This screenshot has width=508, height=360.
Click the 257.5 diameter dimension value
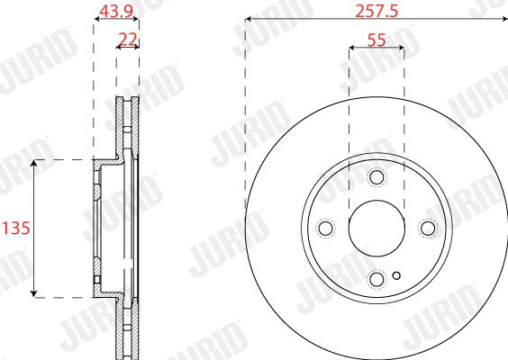tap(376, 12)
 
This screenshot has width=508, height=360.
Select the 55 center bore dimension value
tap(376, 40)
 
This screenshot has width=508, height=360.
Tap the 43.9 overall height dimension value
tap(116, 12)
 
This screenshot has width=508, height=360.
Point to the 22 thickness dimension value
tap(128, 40)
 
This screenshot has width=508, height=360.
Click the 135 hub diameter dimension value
tap(15, 228)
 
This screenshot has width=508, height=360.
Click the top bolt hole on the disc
tap(376, 176)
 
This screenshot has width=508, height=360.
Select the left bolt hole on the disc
tap(325, 228)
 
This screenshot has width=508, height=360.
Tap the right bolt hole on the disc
tap(428, 228)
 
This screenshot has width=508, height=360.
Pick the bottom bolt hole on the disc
tap(376, 279)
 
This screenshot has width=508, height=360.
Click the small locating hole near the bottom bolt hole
tap(396, 275)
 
